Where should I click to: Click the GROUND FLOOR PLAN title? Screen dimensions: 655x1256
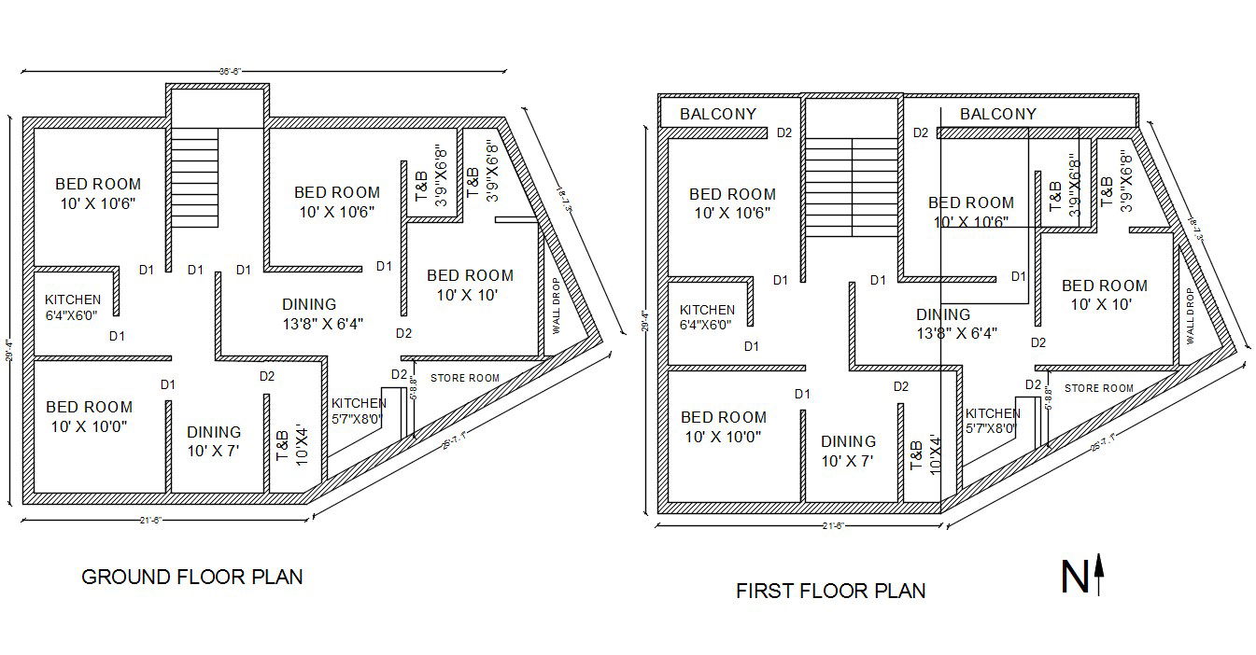click(x=192, y=577)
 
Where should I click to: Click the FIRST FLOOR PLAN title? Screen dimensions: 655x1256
click(x=830, y=591)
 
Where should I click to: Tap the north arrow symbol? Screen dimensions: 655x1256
click(x=1083, y=576)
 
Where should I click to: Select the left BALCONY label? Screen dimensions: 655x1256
click(x=717, y=114)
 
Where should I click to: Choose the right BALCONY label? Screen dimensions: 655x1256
click(x=997, y=114)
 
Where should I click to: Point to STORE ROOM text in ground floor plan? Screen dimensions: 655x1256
click(x=464, y=378)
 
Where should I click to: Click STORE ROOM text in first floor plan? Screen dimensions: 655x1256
click(x=1098, y=388)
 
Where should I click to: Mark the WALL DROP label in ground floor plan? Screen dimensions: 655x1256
click(x=557, y=306)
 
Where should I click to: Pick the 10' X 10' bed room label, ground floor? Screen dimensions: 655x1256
click(x=470, y=285)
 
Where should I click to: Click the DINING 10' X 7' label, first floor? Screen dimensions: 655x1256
click(x=848, y=451)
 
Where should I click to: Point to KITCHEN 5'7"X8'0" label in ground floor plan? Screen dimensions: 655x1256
click(x=358, y=411)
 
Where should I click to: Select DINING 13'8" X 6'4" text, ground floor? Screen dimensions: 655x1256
click(x=309, y=314)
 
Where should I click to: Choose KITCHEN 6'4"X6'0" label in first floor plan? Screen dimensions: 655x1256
click(x=706, y=317)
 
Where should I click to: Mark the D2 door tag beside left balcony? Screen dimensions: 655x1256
click(x=784, y=132)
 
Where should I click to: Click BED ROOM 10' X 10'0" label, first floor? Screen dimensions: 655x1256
click(x=723, y=426)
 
